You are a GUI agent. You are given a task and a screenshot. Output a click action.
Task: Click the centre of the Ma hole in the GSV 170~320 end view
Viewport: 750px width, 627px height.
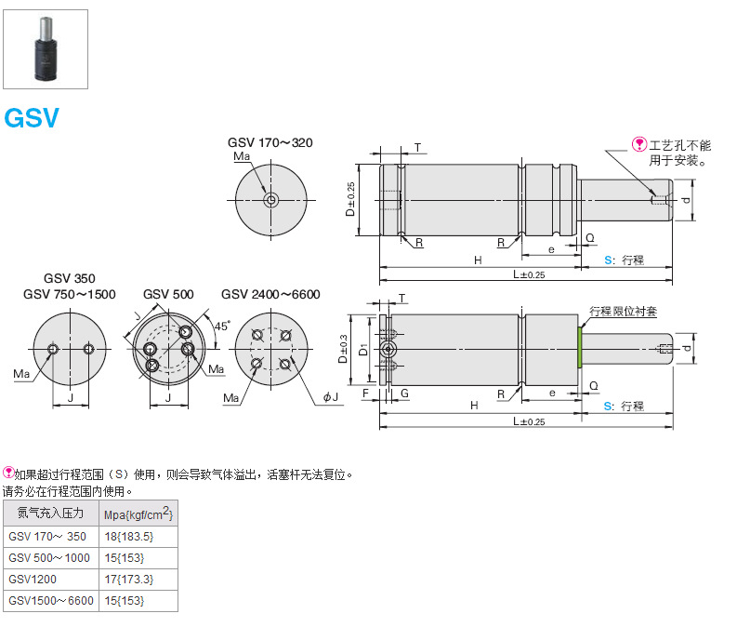pos(271,200)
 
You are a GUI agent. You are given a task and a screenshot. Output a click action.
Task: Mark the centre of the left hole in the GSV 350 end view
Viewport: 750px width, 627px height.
pos(53,349)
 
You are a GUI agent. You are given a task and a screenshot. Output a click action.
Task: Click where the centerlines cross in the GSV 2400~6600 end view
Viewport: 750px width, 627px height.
pos(271,349)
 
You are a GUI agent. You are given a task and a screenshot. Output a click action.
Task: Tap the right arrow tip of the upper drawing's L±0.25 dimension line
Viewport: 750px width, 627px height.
pos(672,280)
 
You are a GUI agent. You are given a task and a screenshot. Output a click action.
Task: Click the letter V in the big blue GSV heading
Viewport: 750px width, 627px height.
pos(49,118)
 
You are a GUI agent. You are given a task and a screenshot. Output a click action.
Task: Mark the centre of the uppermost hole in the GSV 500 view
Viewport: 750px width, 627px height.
pos(186,331)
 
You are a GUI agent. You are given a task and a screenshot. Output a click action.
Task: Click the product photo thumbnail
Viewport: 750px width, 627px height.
pos(46,49)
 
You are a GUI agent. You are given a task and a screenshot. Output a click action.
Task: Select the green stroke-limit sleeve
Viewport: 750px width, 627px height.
pos(580,347)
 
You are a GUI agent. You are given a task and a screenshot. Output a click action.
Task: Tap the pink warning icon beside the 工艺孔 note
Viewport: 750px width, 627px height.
pos(639,144)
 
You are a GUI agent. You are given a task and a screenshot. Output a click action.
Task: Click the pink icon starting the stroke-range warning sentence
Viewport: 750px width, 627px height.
pos(8,473)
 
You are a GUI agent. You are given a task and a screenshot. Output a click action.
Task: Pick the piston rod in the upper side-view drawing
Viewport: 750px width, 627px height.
pos(625,200)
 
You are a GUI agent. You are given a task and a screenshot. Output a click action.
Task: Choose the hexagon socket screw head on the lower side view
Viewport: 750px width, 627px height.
pos(388,349)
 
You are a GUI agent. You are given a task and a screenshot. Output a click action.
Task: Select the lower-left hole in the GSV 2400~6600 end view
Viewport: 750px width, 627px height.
pos(257,364)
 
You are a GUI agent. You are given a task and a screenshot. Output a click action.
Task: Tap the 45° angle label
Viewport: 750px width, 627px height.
pos(222,326)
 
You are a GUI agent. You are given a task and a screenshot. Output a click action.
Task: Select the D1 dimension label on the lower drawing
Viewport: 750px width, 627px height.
pos(363,350)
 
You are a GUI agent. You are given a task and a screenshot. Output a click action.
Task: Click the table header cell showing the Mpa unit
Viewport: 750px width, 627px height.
pos(138,514)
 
